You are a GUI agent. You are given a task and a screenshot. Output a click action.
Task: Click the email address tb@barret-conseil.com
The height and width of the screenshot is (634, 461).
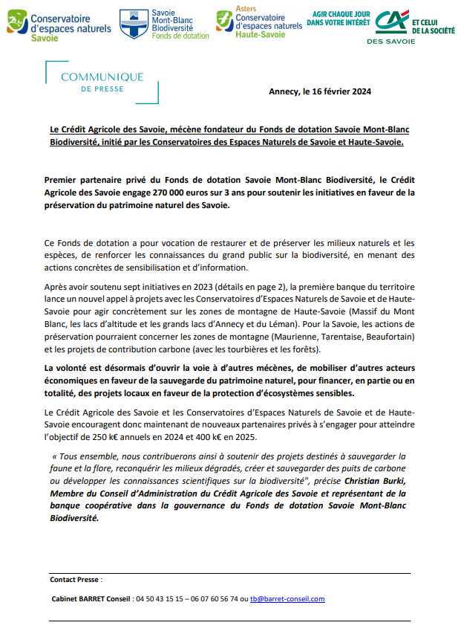pyautogui.click(x=287, y=598)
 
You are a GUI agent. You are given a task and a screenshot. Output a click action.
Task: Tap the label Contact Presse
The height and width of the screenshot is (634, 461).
pyautogui.click(x=76, y=579)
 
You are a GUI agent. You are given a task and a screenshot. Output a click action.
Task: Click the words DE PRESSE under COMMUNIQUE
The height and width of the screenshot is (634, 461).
pyautogui.click(x=102, y=88)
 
